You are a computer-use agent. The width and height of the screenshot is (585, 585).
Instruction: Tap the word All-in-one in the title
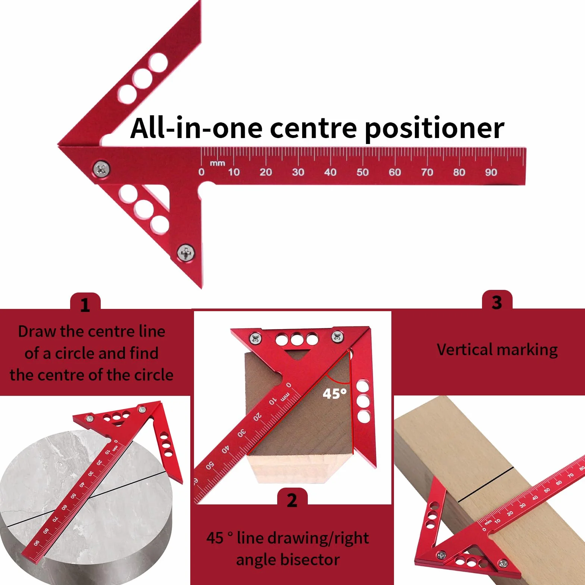pos(196,128)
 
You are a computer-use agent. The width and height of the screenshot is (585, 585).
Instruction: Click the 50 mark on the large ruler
pos(362,172)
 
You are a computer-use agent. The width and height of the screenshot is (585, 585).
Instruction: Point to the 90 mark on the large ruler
pos(491,172)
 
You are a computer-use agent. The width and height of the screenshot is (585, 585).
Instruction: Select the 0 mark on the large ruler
pos(201,172)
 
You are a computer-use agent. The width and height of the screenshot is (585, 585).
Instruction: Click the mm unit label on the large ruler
pos(218,163)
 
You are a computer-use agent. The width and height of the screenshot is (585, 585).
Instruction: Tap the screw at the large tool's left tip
pos(101,169)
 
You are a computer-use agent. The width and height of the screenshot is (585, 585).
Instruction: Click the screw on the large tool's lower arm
pos(186,253)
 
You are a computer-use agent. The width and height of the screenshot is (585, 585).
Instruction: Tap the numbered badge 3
pos(497,302)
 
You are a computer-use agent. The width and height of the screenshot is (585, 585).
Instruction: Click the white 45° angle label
pos(335,394)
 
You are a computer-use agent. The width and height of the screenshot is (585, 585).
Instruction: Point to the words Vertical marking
pos(497,350)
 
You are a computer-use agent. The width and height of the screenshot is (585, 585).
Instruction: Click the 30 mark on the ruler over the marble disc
pos(91,473)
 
